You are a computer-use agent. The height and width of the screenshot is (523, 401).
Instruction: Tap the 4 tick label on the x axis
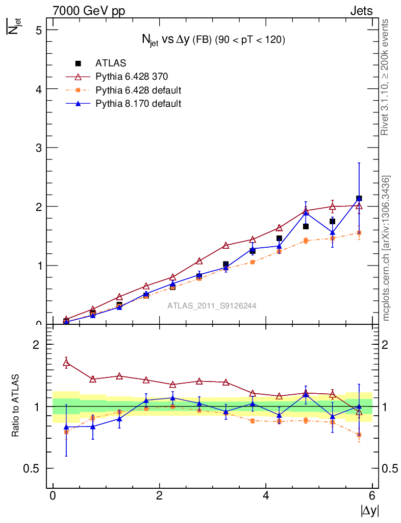266,496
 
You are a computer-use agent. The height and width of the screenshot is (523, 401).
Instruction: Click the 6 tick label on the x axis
372,496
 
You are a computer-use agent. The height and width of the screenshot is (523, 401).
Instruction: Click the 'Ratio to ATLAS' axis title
15,407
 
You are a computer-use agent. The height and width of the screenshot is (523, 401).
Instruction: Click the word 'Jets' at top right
361,11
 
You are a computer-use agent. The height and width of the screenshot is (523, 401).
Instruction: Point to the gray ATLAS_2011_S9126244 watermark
212,306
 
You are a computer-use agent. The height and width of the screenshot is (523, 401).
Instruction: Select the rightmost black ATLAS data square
359,198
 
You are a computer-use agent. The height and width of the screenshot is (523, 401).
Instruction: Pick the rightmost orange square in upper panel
359,233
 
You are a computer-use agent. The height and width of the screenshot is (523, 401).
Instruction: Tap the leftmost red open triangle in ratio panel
66,363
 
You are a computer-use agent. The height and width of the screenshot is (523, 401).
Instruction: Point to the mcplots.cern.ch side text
387,248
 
